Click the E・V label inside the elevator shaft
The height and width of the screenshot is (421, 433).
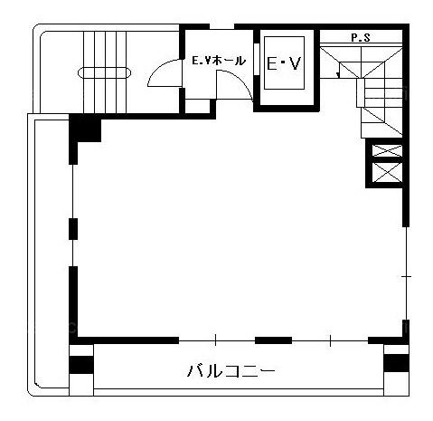[284, 63]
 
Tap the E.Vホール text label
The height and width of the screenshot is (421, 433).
[219, 61]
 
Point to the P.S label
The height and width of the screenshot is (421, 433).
[361, 38]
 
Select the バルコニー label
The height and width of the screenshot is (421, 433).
[231, 370]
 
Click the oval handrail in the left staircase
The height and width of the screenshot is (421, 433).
[104, 72]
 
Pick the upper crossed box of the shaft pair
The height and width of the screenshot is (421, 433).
[387, 150]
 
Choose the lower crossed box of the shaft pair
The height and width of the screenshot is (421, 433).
[387, 172]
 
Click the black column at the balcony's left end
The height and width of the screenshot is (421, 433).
[81, 365]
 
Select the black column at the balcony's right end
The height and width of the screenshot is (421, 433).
[397, 363]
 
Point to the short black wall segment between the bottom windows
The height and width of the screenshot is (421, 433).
[273, 340]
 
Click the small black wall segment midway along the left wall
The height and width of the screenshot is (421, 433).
[73, 229]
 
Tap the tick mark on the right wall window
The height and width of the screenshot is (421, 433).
[406, 276]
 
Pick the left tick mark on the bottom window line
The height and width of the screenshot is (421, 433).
[215, 340]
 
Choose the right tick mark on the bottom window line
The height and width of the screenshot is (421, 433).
[330, 340]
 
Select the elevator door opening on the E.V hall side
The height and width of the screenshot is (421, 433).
[257, 60]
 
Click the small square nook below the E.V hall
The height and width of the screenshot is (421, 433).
[197, 105]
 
